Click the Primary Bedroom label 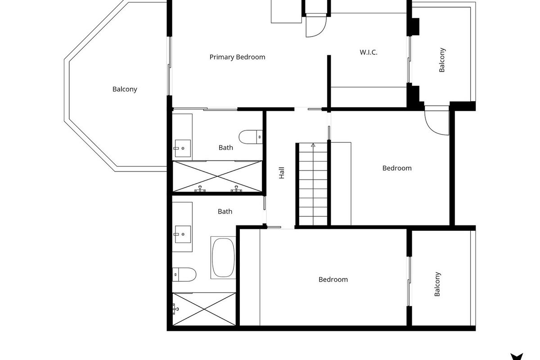[237, 57]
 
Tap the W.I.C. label [369, 52]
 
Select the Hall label [282, 173]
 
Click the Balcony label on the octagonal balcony [125, 90]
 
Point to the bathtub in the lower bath [223, 257]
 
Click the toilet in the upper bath [251, 137]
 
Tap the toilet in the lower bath [184, 274]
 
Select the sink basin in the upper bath [183, 148]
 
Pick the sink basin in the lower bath [183, 234]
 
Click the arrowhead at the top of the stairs [313, 145]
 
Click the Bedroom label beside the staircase [397, 168]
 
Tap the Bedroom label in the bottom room [333, 279]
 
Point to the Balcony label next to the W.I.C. [442, 60]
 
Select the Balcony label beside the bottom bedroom [437, 284]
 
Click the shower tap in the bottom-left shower [175, 309]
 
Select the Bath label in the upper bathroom [225, 148]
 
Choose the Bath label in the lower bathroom [225, 211]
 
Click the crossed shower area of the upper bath [217, 176]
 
